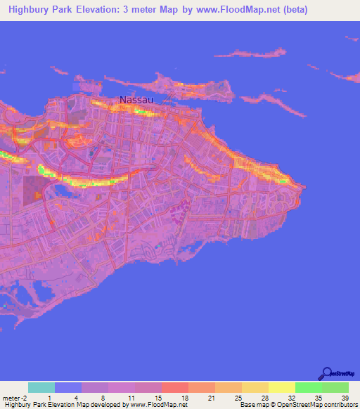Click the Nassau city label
[x=136, y=100]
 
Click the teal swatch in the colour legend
[x=41, y=387]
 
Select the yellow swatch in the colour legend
[x=282, y=387]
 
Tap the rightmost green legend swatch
[x=335, y=387]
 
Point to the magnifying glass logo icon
[x=326, y=373]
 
